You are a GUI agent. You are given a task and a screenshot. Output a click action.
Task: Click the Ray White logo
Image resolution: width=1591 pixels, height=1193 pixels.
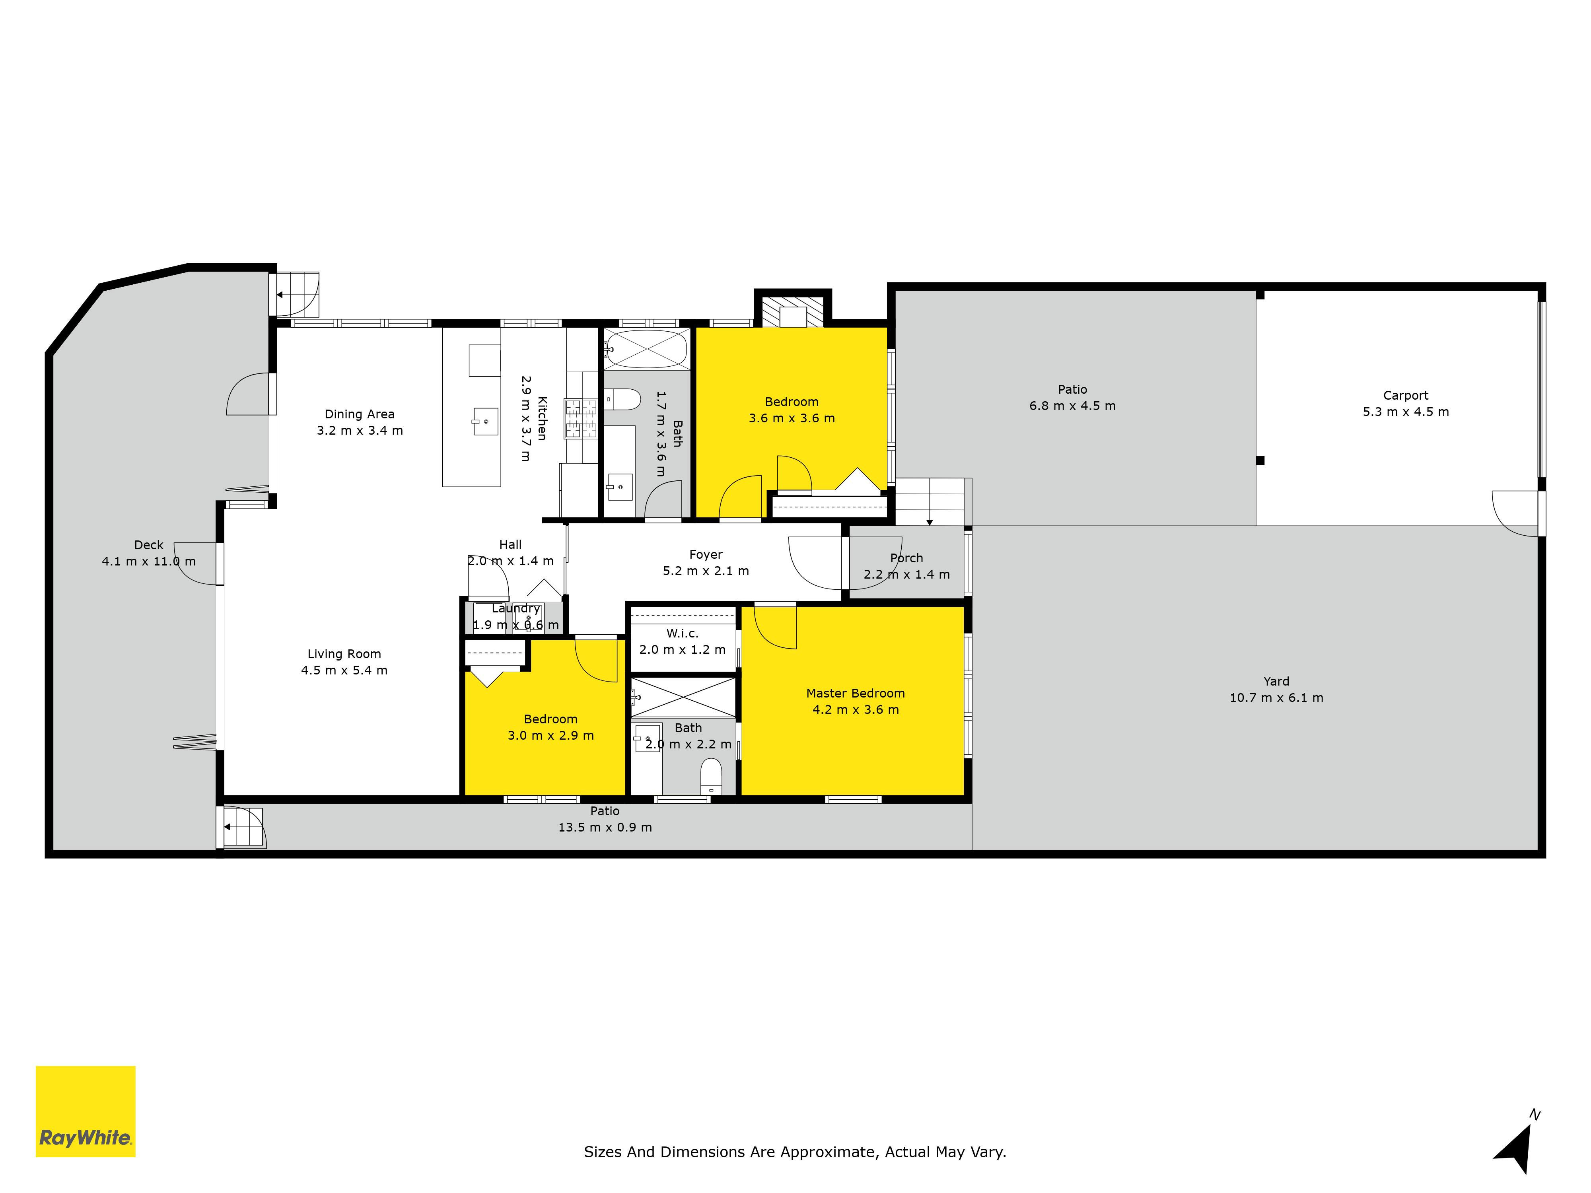coord(86,1111)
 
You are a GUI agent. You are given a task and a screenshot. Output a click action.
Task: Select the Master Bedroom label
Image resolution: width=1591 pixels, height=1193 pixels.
coord(855,693)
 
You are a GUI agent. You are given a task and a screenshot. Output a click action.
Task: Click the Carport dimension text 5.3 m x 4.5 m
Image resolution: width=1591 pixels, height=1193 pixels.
coord(1405,412)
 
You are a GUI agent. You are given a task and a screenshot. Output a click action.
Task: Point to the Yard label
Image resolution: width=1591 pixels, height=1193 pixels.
coord(1276,681)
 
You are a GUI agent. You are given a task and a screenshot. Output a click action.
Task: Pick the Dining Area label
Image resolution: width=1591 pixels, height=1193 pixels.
coord(360,414)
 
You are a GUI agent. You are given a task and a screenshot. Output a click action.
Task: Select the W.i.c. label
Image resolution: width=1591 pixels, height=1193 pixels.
coord(682,633)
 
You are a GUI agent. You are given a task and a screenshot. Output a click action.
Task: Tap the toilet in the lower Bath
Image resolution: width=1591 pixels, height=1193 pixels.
coord(711,776)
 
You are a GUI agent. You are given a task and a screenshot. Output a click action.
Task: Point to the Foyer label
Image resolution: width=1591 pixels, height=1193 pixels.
coord(706,554)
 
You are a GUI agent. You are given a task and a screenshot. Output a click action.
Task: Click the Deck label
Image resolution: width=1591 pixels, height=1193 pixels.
coord(149,545)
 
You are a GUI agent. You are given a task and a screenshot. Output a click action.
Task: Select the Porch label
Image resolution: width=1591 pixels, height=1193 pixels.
coord(906,558)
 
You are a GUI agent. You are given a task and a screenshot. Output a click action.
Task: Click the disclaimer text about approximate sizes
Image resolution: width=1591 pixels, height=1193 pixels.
coord(795,1152)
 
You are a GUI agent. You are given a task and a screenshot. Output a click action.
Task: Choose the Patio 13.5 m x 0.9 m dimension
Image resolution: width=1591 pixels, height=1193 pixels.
coord(605,827)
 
